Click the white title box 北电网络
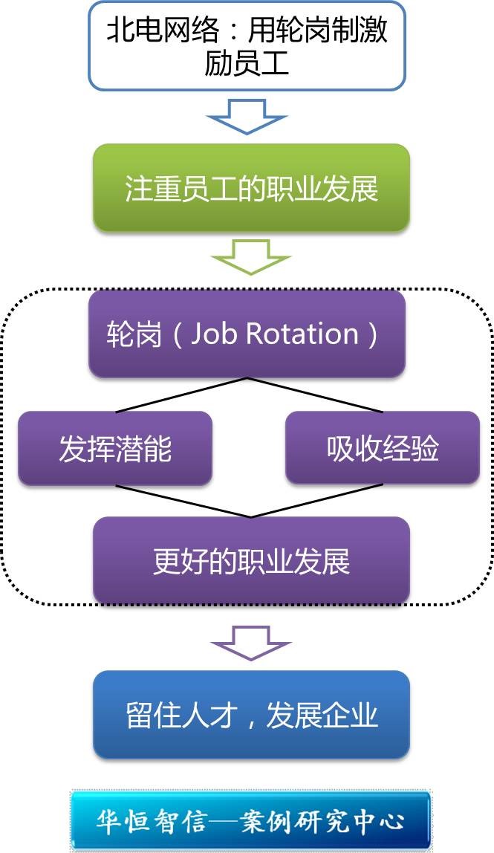click(x=247, y=46)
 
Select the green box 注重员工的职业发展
click(x=251, y=189)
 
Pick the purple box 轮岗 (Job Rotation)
click(x=247, y=334)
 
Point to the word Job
click(x=214, y=334)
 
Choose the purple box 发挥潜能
click(x=115, y=449)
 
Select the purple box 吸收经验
click(x=383, y=449)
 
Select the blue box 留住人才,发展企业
click(x=251, y=716)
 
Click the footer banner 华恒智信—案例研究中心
click(x=251, y=820)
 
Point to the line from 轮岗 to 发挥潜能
click(x=182, y=395)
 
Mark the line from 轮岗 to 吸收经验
click(x=316, y=395)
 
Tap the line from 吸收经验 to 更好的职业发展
click(x=316, y=502)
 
